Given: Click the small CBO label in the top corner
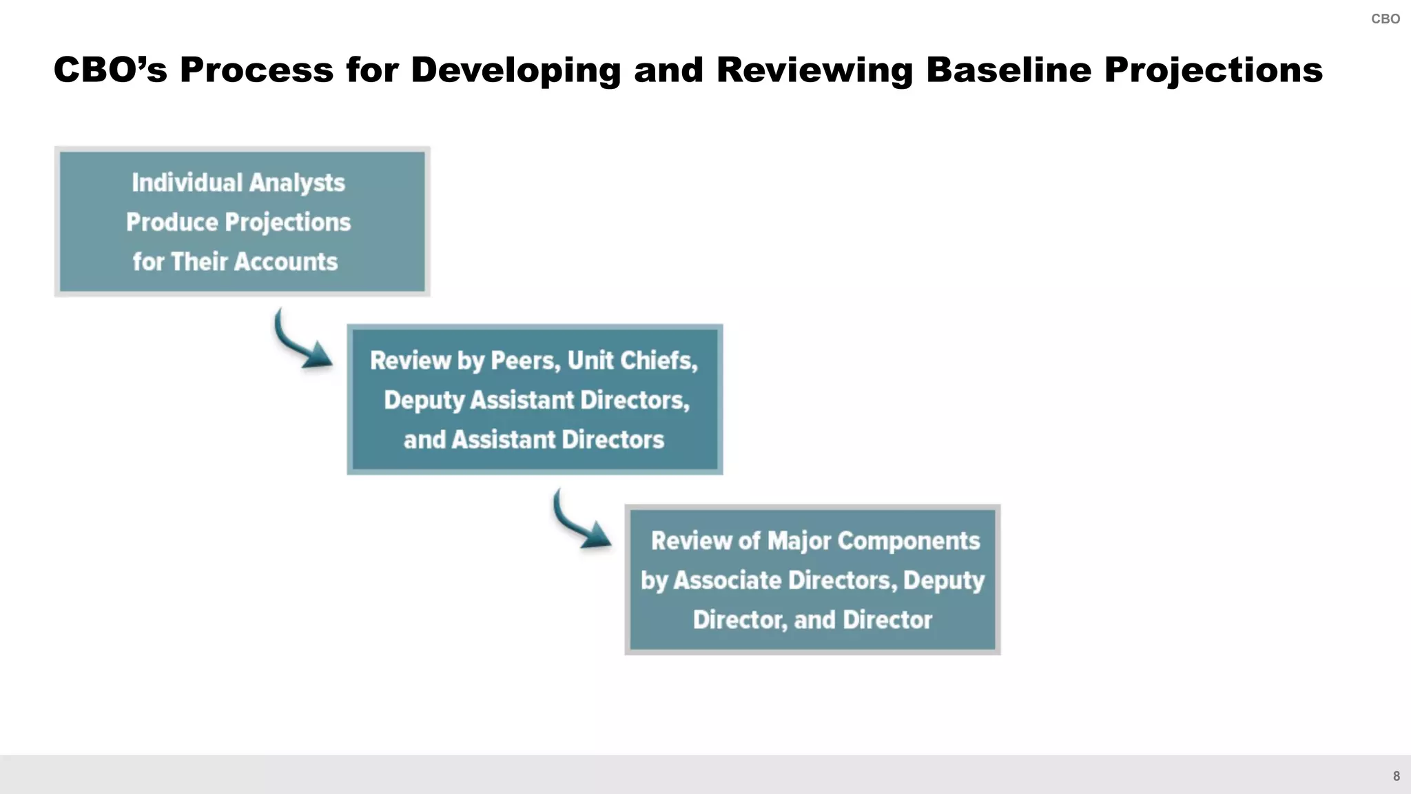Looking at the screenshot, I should [1385, 19].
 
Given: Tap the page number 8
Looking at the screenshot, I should [1396, 776].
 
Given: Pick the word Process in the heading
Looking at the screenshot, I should [256, 70].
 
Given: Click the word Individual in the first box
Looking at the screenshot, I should [187, 183].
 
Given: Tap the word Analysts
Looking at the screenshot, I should [296, 183].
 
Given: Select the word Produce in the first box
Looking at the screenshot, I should [172, 222].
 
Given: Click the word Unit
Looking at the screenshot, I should [590, 360].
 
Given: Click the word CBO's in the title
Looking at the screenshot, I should [110, 70].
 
